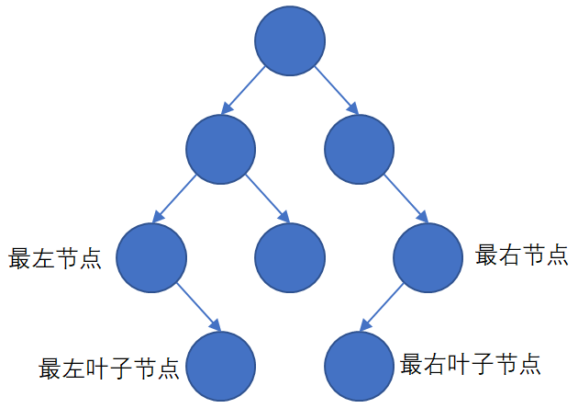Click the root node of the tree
point(290,43)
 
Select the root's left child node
point(220,148)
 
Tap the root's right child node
point(360,148)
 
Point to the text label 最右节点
point(522,255)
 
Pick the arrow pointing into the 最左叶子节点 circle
point(197,306)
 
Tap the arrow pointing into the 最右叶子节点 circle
point(383,306)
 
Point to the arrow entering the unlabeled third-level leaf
point(268,197)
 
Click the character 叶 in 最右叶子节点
point(456,364)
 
